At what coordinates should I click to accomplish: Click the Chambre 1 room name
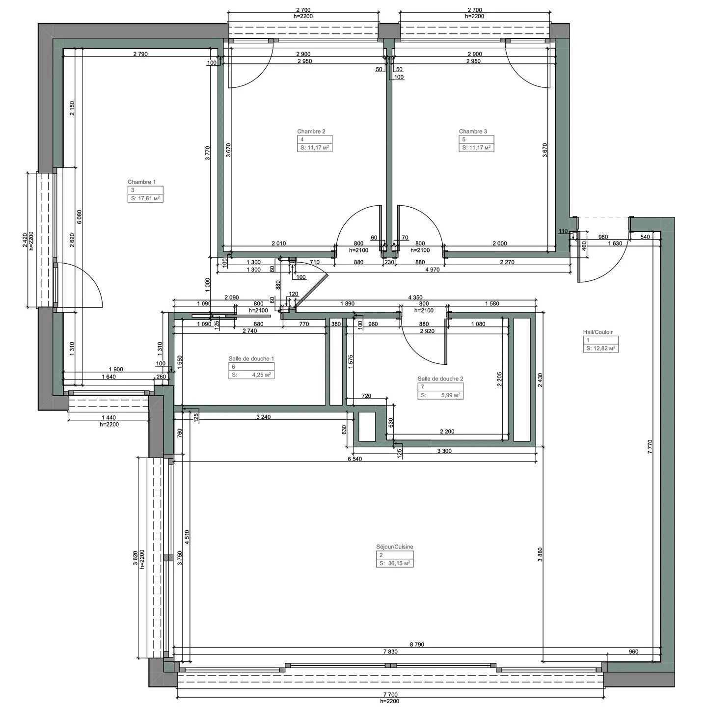coord(141,182)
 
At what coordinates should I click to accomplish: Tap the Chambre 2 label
coord(311,132)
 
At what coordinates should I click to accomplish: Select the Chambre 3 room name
coord(473,132)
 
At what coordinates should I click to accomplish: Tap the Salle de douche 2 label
coord(440,379)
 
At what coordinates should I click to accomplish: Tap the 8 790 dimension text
coord(416,645)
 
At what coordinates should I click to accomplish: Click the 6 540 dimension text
coord(355,459)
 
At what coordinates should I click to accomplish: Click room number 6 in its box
coord(233,367)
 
